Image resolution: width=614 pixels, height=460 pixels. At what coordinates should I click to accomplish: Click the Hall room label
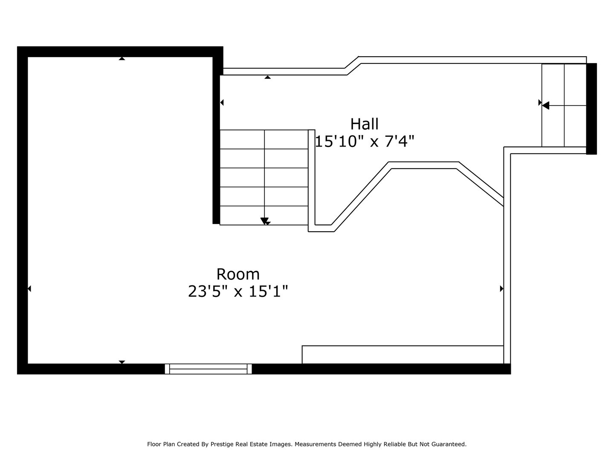pos(364,124)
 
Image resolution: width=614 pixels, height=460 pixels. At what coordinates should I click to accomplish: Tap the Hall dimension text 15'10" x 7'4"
pos(365,141)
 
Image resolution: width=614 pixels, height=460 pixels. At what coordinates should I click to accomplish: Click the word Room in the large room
pos(238,274)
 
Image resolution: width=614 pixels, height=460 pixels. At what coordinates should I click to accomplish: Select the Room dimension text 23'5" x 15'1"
pos(238,292)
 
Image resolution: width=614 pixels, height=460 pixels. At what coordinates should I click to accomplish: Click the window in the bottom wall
pos(208,369)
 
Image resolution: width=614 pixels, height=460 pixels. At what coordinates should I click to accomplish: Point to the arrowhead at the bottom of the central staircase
pos(265,221)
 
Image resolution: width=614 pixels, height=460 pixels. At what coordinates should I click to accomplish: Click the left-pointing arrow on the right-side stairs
pos(546,106)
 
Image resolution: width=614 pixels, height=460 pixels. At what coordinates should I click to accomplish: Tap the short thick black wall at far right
pos(591,109)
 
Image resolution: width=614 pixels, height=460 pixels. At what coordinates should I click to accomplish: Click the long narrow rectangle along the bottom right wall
pos(403,354)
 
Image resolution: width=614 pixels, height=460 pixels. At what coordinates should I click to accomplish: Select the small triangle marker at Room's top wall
pos(122,58)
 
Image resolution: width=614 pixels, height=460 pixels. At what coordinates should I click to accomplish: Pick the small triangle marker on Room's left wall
pos(29,289)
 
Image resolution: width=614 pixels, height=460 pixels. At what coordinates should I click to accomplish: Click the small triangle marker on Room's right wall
pos(501,289)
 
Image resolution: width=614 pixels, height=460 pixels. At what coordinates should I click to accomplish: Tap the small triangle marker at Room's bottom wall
pos(122,362)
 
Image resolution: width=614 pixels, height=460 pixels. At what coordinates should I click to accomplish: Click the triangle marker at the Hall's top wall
pos(267,77)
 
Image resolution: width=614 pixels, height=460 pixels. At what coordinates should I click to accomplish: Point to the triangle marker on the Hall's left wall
pos(222,103)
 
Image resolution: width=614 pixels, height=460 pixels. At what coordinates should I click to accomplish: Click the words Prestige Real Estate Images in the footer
pos(250,444)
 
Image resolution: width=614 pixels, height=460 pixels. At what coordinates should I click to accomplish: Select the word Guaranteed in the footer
pos(450,444)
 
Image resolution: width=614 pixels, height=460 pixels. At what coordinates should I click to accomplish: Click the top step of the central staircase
pos(264,139)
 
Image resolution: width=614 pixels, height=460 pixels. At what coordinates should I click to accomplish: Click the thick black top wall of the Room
pos(119,52)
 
